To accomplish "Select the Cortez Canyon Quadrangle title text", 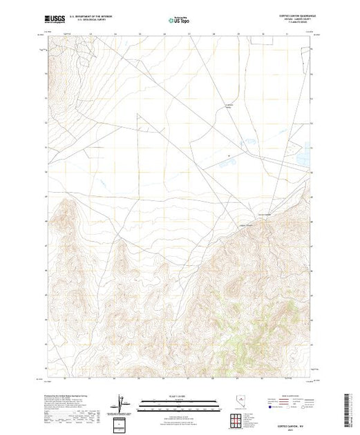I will point(291,16).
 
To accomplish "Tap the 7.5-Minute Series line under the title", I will point(291,24).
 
